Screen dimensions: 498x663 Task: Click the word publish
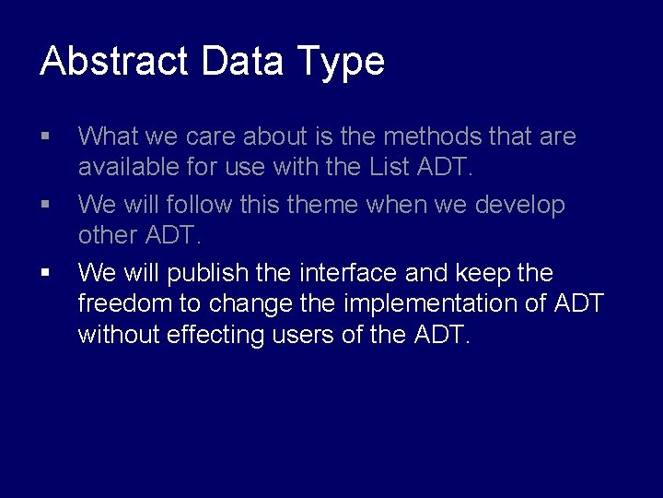(x=208, y=273)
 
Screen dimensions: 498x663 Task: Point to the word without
(x=119, y=335)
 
